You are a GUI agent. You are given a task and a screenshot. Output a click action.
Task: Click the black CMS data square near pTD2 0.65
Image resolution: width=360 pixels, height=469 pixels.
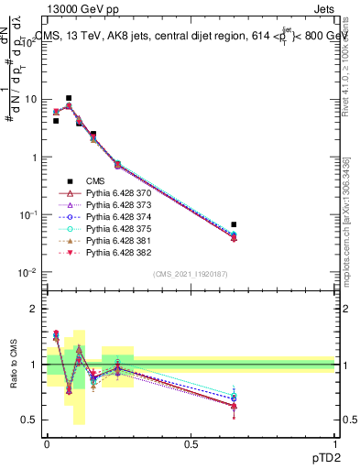(x=235, y=224)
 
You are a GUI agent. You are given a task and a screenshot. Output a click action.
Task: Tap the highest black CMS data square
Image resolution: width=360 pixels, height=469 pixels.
(x=69, y=98)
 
